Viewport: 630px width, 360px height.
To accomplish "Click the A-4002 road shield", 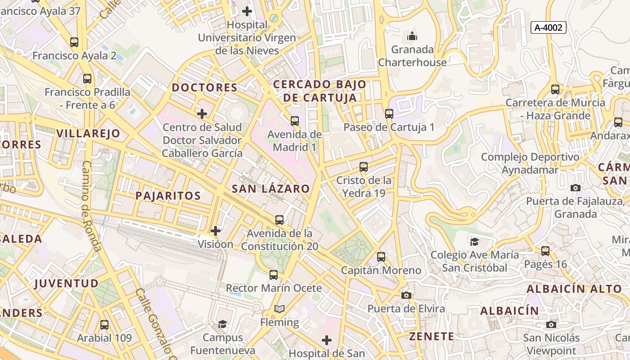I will coord(548,27).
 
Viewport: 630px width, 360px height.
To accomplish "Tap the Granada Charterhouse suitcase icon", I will coord(412,36).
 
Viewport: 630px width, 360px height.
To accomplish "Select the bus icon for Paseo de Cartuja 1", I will coord(389,114).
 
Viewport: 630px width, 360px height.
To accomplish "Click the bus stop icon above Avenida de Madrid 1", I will coord(295,121).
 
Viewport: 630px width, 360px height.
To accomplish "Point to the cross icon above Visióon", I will coord(216,231).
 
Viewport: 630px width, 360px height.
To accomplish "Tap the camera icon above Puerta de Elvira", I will coord(406,295).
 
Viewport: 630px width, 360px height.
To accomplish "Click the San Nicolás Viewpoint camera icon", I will coord(551,324).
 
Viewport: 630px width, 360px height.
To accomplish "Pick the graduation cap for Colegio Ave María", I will coord(474,242).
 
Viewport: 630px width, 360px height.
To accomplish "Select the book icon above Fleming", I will coord(279,309).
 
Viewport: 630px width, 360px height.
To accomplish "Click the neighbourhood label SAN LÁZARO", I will coord(271,189).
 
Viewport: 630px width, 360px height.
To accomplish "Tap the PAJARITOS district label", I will coord(168,195).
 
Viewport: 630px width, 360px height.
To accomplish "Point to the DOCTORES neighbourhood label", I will coord(205,87).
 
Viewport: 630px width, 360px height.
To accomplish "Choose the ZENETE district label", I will coord(432,336).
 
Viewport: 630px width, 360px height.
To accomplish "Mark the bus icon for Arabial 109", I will coord(104,324).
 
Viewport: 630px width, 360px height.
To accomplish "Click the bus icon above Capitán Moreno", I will coord(381,257).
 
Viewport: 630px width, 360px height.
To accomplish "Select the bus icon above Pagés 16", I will coord(545,251).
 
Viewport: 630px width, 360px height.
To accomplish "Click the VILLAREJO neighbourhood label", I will coord(89,133).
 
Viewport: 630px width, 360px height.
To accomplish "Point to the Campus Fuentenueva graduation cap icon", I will coord(222,324).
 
